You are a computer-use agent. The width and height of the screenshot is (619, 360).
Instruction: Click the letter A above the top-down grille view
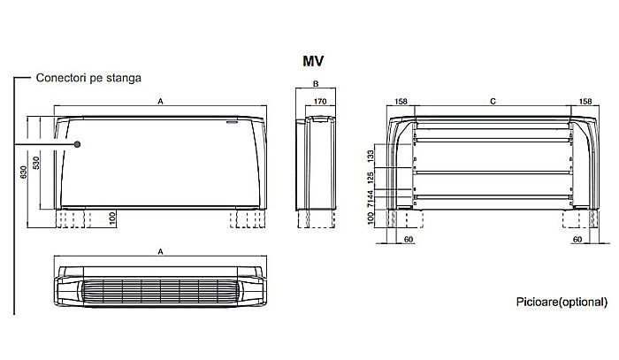click(160, 252)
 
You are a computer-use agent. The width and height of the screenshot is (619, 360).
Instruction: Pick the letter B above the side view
click(315, 85)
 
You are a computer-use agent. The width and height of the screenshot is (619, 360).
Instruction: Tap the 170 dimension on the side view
click(321, 103)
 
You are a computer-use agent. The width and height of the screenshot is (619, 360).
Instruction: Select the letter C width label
click(493, 103)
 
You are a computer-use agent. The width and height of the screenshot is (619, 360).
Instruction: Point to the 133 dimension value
click(372, 156)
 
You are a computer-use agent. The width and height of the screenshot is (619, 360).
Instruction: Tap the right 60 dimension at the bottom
click(577, 239)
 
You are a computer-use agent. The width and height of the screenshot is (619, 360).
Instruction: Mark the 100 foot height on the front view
click(112, 218)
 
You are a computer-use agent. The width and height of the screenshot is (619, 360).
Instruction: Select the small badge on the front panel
click(233, 123)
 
